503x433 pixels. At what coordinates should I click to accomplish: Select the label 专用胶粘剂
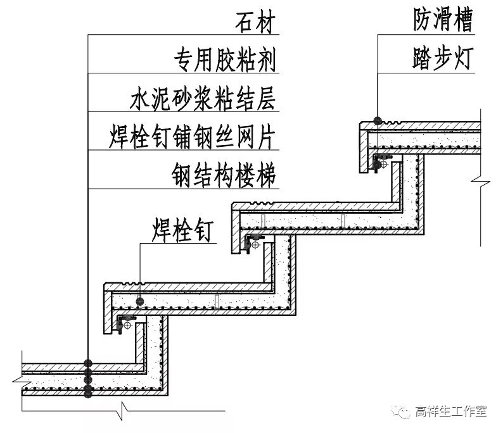(x=225, y=61)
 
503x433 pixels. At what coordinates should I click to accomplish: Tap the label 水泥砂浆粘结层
(x=203, y=99)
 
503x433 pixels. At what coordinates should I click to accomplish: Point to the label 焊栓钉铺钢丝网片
(x=193, y=136)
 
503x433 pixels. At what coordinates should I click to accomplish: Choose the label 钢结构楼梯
(x=224, y=174)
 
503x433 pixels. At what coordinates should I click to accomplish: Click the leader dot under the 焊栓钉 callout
(x=140, y=301)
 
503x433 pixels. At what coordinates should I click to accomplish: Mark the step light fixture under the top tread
(x=381, y=163)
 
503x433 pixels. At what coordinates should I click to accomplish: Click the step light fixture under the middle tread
(x=255, y=242)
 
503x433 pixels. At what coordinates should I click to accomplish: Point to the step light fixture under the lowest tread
(x=126, y=322)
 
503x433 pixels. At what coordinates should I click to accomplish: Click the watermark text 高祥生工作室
(x=450, y=412)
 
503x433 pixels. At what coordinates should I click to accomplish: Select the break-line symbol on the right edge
(x=480, y=182)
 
